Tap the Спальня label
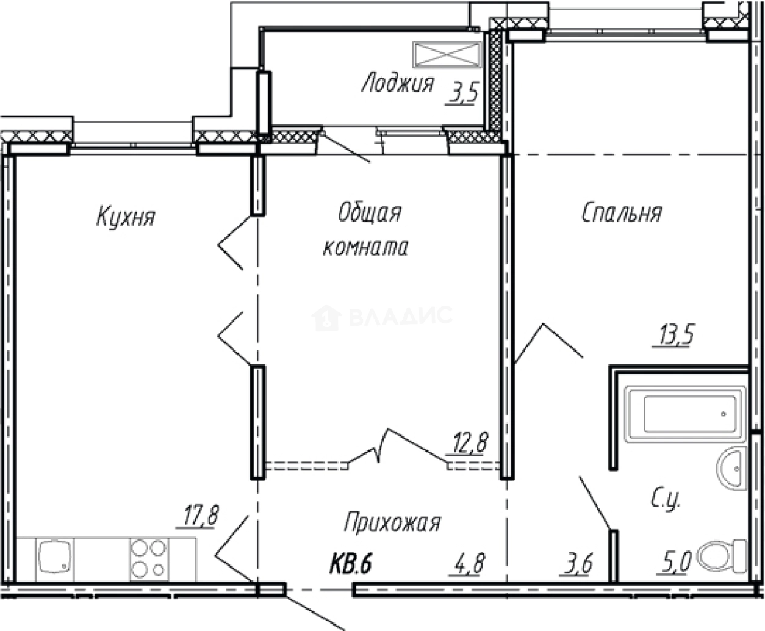tap(622, 213)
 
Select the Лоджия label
tap(397, 83)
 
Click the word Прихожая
tap(392, 522)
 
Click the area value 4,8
tap(469, 563)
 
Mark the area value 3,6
tap(578, 563)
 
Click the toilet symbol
tap(722, 557)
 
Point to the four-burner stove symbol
tap(148, 558)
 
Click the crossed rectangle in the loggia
tap(447, 54)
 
